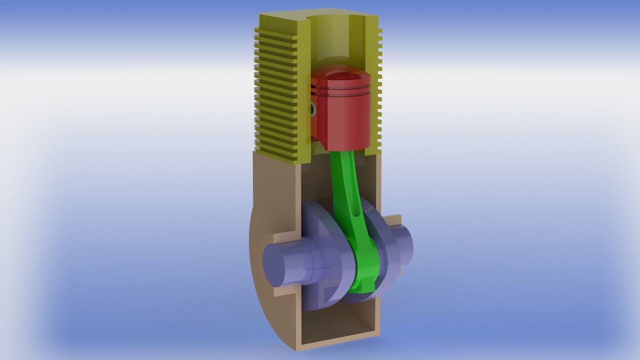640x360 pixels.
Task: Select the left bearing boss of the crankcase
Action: (x=285, y=235)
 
